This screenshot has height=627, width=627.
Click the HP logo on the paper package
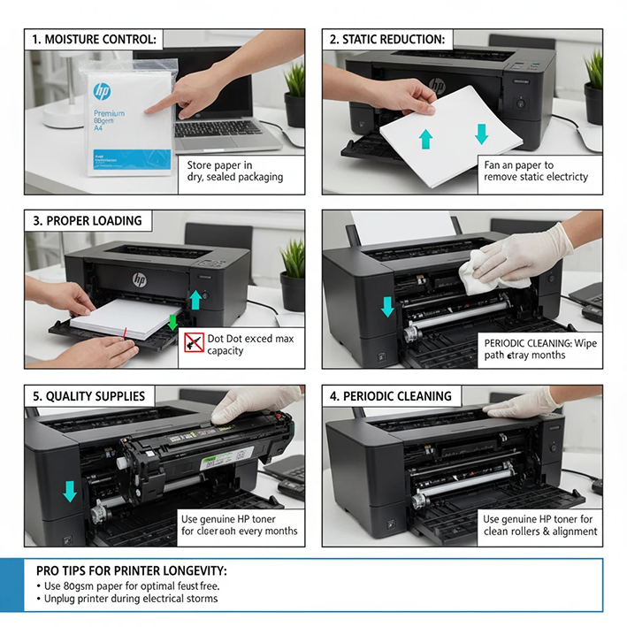[102, 91]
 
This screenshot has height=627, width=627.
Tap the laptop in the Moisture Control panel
[221, 115]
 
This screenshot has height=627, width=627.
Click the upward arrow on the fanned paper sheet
[426, 137]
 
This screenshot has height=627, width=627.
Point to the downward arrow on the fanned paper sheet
[481, 134]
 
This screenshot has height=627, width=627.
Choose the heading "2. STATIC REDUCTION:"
[387, 40]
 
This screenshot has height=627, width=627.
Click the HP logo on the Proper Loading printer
[140, 279]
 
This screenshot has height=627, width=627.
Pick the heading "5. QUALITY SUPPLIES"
[88, 396]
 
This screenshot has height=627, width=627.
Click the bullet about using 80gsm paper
[127, 585]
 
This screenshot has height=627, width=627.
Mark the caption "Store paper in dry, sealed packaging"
[234, 171]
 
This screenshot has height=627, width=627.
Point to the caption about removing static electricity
[535, 171]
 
